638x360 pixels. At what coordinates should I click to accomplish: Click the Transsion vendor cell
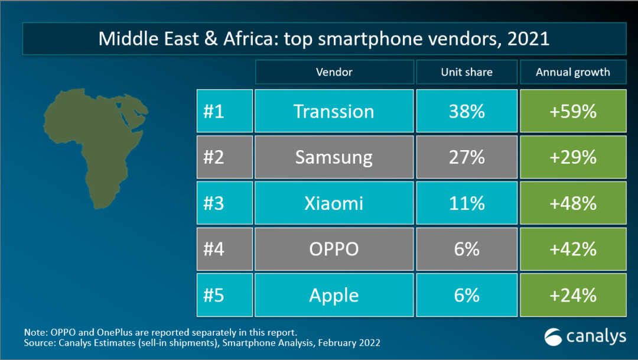334,111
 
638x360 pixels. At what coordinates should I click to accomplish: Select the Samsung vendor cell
334,157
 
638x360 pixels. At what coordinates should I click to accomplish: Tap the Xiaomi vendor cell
334,203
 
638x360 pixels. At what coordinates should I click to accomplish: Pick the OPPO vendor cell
334,249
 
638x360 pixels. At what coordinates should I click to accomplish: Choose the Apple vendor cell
334,295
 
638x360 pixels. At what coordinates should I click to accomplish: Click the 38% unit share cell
467,111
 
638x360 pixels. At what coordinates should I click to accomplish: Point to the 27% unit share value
467,157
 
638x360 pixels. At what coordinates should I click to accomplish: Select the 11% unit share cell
467,203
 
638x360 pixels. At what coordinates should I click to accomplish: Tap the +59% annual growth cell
573,111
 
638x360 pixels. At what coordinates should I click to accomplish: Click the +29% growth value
573,157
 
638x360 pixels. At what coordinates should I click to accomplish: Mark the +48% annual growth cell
573,203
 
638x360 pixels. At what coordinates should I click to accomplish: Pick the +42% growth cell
573,249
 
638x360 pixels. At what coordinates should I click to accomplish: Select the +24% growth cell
573,295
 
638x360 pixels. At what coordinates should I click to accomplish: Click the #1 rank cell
224,111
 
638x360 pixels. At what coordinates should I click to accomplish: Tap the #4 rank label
214,249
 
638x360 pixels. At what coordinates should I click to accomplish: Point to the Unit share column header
467,72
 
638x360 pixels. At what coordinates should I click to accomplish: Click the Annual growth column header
573,72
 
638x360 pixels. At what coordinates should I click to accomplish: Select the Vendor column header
334,72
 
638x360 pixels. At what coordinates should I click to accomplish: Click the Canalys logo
585,337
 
